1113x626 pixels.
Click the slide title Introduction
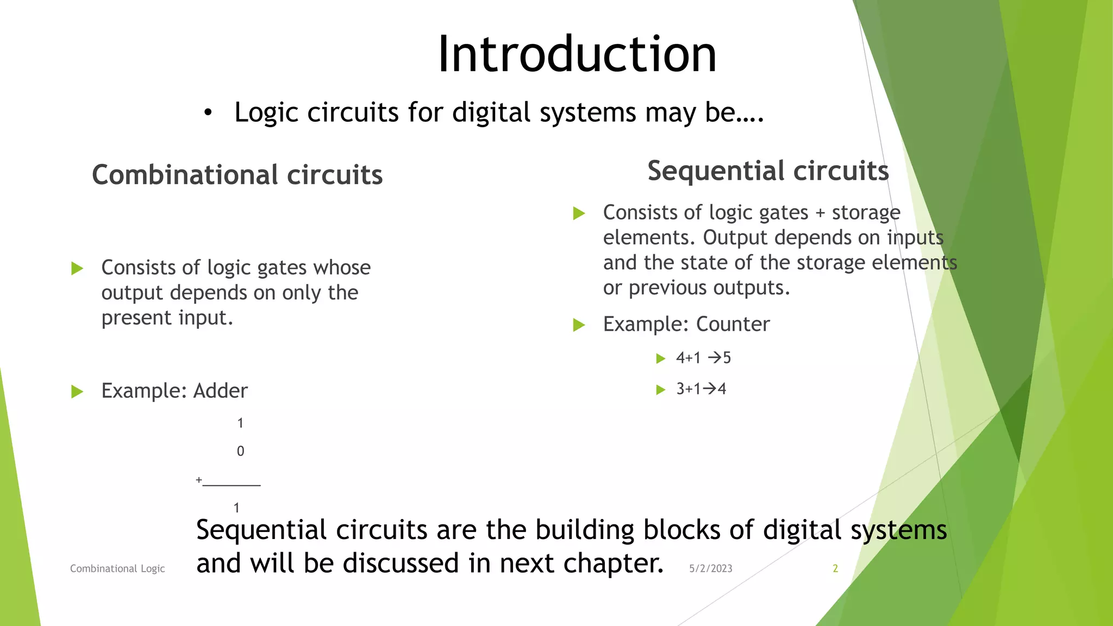577,54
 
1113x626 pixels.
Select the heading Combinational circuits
237,175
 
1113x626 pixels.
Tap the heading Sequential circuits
767,171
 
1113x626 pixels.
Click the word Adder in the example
220,391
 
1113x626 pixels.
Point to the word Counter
733,324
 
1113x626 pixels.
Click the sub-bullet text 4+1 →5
703,358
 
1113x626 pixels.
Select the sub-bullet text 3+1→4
701,389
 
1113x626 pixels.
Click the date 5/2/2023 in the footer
710,568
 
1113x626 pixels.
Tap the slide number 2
835,568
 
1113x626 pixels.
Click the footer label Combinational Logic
117,568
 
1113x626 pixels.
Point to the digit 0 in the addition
240,451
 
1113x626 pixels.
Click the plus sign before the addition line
199,480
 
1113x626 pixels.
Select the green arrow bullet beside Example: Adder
77,392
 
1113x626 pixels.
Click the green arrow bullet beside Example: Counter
579,325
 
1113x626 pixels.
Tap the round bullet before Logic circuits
208,113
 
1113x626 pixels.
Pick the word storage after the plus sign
866,212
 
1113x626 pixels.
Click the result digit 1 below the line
236,508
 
